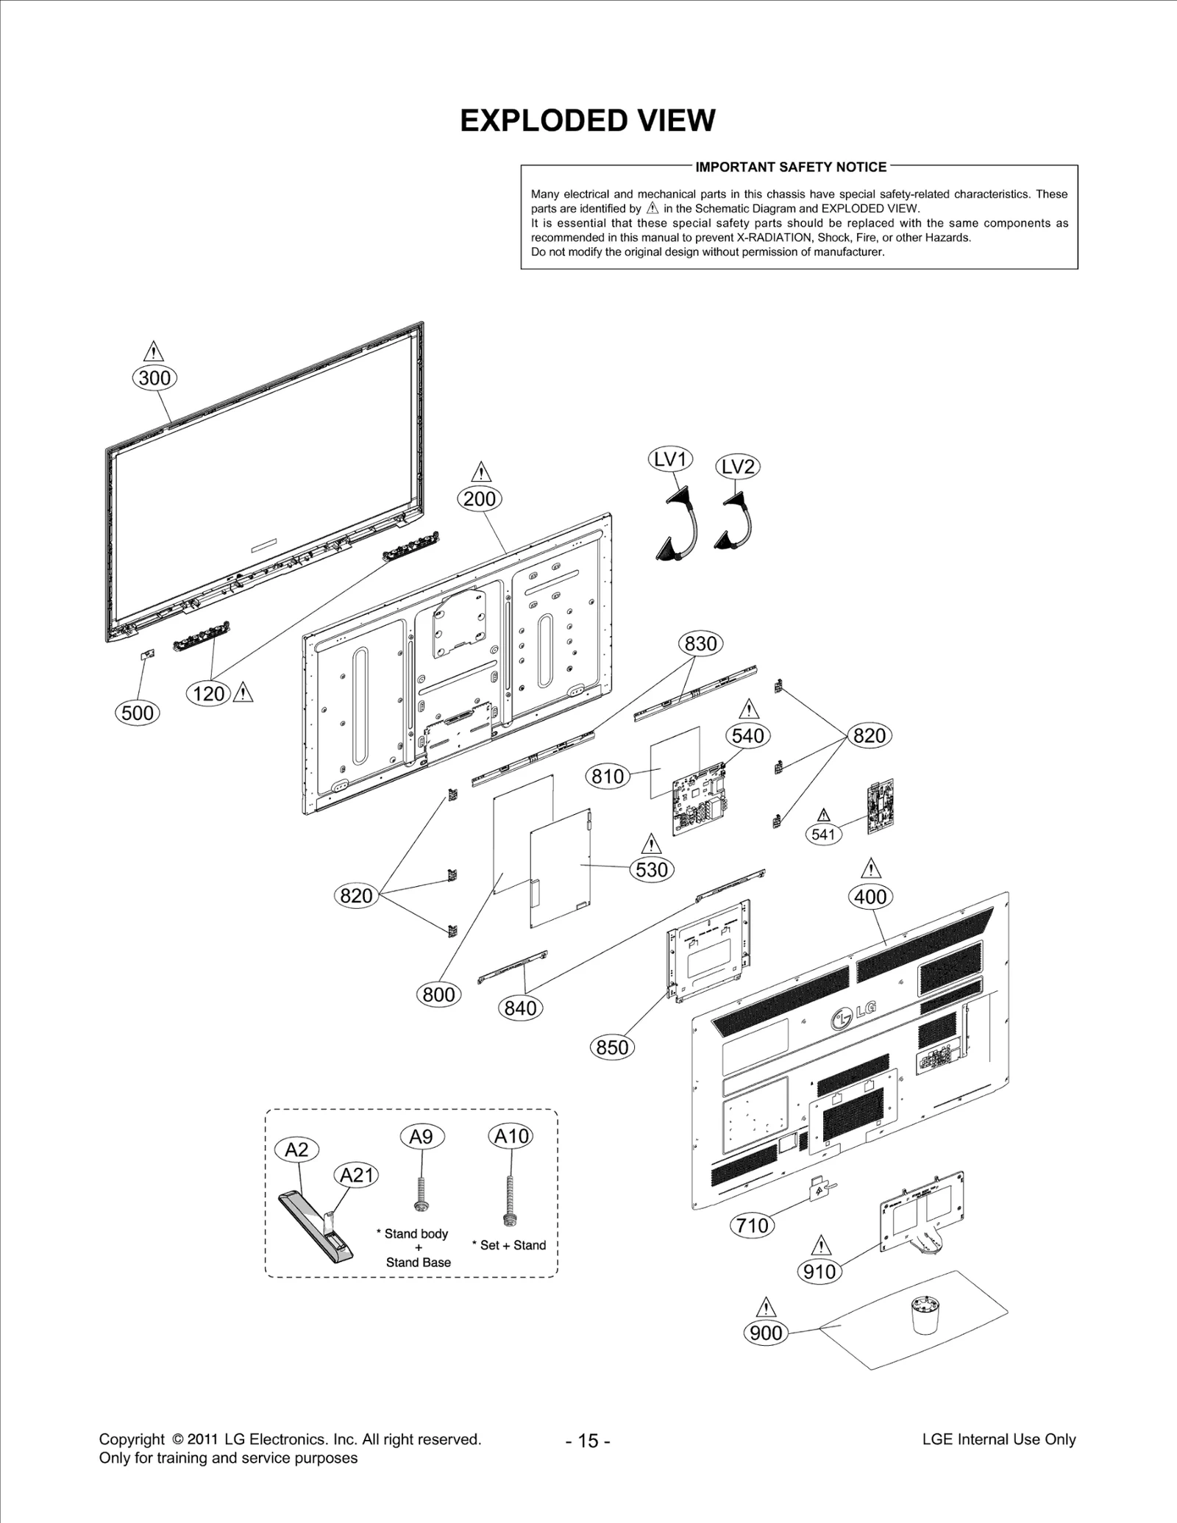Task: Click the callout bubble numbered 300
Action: click(154, 378)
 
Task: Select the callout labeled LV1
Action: click(670, 460)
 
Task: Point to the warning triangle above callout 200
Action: click(480, 472)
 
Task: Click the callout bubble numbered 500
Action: click(138, 713)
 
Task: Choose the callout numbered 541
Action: click(823, 834)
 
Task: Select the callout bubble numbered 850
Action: click(612, 1047)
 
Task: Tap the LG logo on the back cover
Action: click(853, 1016)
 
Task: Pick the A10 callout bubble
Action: click(511, 1136)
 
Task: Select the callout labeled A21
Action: click(357, 1175)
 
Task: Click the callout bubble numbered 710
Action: click(752, 1226)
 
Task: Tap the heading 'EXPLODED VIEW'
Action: click(587, 121)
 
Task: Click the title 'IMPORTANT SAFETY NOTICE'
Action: click(791, 167)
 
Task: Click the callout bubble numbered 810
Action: click(608, 776)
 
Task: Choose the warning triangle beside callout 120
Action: click(243, 693)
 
